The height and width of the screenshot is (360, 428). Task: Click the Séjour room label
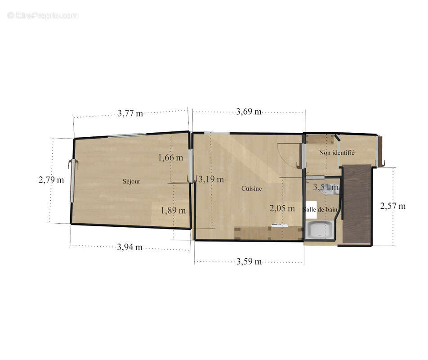tap(131, 181)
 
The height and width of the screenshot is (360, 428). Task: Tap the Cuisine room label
tap(251, 189)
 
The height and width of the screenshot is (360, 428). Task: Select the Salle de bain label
tap(320, 210)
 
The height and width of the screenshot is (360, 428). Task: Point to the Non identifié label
tap(337, 153)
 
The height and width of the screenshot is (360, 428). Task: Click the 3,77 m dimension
tap(130, 113)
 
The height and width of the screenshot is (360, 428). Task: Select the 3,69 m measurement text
tap(249, 112)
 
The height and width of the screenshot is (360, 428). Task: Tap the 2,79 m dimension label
tap(51, 180)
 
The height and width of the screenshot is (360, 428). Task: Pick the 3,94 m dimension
tap(130, 247)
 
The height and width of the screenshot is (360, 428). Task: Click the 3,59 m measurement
tap(249, 261)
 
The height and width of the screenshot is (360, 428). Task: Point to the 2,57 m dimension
tap(393, 206)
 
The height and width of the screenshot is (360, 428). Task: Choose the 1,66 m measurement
tap(170, 157)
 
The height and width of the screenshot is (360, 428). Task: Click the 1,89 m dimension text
tap(174, 211)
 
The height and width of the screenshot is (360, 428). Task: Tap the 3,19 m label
tap(211, 179)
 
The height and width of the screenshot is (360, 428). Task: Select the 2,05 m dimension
tap(282, 208)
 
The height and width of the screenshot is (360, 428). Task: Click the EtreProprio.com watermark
tap(43, 16)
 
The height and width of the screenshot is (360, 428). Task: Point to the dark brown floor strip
tap(357, 204)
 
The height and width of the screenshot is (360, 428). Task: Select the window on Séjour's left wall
tap(72, 181)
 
